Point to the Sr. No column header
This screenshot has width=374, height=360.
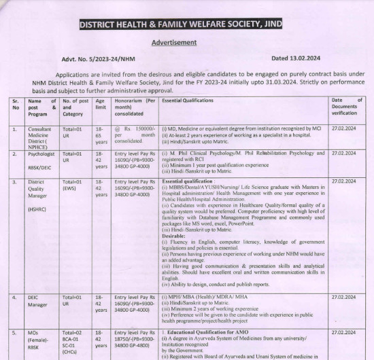click(x=16, y=103)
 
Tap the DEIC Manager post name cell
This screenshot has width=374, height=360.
click(x=39, y=301)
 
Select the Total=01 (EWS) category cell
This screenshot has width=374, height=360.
click(x=73, y=185)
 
